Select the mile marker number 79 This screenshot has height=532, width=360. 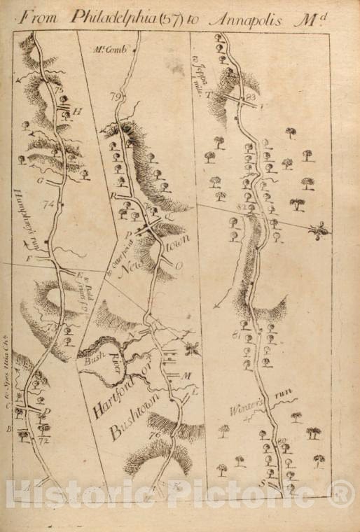[x=116, y=96]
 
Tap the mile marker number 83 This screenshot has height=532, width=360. [x=253, y=97]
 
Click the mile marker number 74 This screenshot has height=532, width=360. [x=48, y=204]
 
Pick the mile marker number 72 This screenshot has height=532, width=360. [x=45, y=441]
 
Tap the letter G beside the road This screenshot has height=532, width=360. [x=41, y=181]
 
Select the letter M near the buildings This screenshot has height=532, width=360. [x=187, y=376]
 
